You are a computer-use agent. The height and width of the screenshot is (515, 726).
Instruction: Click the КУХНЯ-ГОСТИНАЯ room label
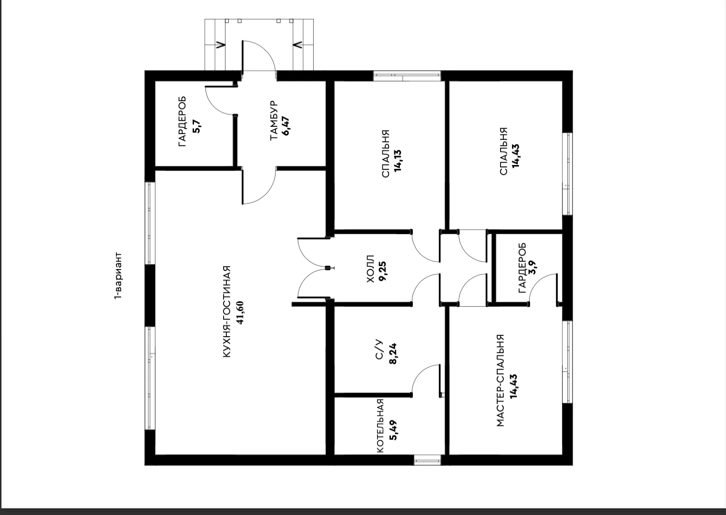(x=227, y=312)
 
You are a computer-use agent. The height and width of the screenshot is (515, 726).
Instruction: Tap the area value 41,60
(x=240, y=313)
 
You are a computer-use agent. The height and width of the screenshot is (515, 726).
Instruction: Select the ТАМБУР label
(x=274, y=120)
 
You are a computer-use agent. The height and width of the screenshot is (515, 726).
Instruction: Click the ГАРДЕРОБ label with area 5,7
(x=183, y=121)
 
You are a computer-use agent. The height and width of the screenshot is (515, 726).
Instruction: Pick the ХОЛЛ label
(x=370, y=268)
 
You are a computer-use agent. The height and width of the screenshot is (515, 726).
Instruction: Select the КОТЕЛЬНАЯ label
(x=380, y=426)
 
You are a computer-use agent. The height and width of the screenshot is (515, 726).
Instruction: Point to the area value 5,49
(x=394, y=430)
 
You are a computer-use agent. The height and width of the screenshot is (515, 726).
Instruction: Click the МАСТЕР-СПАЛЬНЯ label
(x=500, y=381)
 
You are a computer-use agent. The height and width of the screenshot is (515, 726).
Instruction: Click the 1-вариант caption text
(x=119, y=275)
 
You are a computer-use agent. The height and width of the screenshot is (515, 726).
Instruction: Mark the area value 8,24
(x=393, y=353)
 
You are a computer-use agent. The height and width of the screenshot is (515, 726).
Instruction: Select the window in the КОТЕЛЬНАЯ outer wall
(x=428, y=460)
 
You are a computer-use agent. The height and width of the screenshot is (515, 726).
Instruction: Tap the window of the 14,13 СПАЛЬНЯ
(x=407, y=76)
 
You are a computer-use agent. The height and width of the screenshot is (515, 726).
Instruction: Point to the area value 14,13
(x=398, y=161)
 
